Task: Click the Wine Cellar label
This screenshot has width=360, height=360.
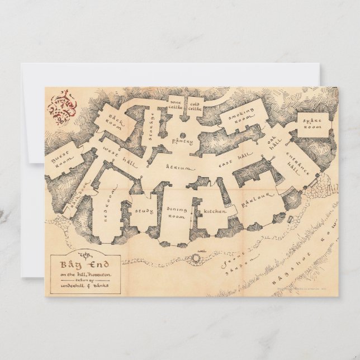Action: [176, 105]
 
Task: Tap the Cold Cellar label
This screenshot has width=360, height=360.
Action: [195, 105]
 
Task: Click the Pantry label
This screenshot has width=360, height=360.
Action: [182, 141]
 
